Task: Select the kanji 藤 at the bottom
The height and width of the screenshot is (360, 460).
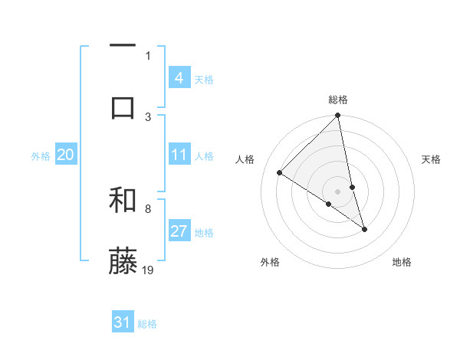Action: (x=123, y=261)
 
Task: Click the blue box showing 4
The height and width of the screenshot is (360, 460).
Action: (x=179, y=78)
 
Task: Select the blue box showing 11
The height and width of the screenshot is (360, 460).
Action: (x=179, y=155)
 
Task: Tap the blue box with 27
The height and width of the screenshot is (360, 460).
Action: (x=179, y=232)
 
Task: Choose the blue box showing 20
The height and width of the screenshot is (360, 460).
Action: (x=65, y=155)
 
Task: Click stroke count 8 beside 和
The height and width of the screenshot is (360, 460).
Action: (x=148, y=208)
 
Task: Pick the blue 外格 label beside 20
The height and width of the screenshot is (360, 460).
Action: (x=41, y=156)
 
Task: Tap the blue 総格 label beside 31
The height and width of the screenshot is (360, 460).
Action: (x=147, y=323)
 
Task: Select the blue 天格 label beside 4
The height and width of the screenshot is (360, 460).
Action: (x=204, y=79)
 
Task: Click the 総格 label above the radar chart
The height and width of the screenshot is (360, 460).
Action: (x=338, y=100)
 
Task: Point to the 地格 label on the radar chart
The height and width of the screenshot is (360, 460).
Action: (x=402, y=262)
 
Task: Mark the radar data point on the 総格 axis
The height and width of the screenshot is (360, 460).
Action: (x=338, y=116)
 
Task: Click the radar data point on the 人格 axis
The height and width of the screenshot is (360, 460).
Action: (x=280, y=173)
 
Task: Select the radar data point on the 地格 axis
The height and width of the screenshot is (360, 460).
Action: (x=364, y=229)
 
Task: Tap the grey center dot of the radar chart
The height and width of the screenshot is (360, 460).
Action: (x=338, y=191)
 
